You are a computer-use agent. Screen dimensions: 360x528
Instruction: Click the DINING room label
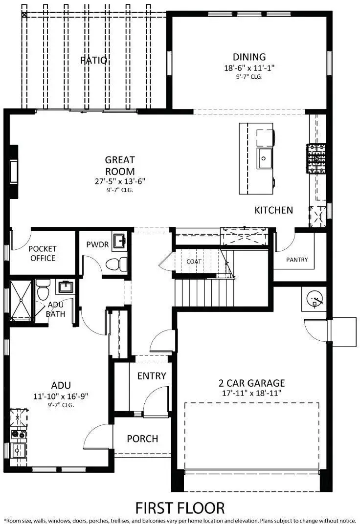coord(249,57)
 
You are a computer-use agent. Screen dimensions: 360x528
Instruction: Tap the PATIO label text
coord(94,60)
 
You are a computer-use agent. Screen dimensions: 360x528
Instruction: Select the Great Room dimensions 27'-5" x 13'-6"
coord(120,181)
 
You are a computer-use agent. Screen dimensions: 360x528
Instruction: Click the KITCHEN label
coord(273,210)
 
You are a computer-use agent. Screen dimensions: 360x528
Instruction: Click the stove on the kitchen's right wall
coord(316,158)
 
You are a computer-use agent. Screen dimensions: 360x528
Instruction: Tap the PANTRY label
coord(297,260)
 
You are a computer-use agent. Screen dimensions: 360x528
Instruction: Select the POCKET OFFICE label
coord(43,254)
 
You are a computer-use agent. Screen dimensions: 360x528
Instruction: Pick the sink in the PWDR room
coord(120,241)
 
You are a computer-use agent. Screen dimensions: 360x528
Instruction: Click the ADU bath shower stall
coord(21,300)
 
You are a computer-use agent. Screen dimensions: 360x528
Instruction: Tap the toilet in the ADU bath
coord(43,290)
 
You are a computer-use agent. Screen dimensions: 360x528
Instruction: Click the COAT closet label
coord(194,261)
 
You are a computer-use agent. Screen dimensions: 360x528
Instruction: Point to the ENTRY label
coord(152,376)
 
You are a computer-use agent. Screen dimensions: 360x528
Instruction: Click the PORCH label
coord(142,439)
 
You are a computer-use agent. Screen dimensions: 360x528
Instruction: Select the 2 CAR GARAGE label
coord(251,383)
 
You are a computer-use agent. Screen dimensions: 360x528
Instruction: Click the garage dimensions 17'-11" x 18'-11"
coord(251,393)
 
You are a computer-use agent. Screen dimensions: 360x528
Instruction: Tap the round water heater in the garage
coord(315,299)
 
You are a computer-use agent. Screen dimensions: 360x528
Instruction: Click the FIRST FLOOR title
coord(180,508)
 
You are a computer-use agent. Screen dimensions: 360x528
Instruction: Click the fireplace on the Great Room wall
coord(14,172)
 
